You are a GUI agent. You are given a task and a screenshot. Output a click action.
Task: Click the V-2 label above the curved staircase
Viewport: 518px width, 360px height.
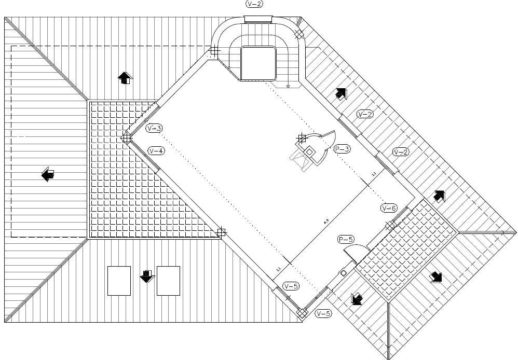(x=254, y=4)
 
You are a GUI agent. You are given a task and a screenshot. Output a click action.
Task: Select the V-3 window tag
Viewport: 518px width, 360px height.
(x=154, y=128)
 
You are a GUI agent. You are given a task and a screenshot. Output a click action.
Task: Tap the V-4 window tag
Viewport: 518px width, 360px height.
(x=156, y=151)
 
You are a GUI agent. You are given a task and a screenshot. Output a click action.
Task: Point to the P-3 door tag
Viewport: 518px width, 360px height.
(x=342, y=149)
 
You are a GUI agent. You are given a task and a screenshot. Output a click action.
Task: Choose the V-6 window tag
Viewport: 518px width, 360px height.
(x=389, y=208)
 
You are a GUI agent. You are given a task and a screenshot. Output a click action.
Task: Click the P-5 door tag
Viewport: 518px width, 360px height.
(x=346, y=240)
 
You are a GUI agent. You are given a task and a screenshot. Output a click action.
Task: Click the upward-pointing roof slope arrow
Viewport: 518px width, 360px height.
(x=125, y=78)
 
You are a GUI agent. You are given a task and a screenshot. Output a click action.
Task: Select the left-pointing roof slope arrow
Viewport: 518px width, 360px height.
(x=48, y=174)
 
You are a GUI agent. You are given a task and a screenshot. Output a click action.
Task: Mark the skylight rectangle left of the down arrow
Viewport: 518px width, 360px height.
(x=119, y=281)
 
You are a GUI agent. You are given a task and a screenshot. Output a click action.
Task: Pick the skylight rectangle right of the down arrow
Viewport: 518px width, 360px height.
(x=168, y=281)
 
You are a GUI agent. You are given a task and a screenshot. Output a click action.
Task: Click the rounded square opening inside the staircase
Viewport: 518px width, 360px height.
(x=258, y=63)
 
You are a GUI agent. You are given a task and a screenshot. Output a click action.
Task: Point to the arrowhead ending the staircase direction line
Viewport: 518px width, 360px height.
(x=288, y=87)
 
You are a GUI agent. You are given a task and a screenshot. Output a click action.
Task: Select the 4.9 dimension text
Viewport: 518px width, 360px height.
(x=326, y=222)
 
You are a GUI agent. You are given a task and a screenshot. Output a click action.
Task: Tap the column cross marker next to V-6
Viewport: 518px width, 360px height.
(x=390, y=225)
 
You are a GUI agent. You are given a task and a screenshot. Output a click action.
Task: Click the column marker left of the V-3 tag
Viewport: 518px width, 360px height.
(x=126, y=137)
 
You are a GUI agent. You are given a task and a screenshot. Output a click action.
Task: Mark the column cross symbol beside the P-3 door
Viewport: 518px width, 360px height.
(x=302, y=138)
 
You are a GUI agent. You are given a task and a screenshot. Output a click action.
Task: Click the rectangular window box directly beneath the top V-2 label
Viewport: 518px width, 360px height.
(x=258, y=20)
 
